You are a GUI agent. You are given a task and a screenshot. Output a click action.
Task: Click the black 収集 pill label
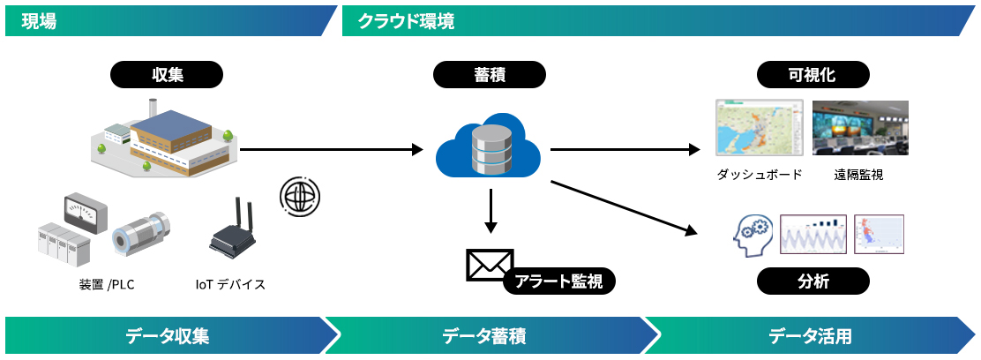tap(167, 75)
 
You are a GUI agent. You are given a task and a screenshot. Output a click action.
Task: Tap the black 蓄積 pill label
tap(490, 75)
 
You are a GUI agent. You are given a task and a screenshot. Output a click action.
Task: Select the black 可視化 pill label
tap(813, 75)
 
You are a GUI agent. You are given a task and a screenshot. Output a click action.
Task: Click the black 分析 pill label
tap(813, 281)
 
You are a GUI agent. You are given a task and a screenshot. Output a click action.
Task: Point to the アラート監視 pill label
tap(559, 281)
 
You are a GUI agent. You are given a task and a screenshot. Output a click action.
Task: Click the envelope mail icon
tap(490, 265)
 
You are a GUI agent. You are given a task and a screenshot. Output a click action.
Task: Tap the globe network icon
tap(300, 195)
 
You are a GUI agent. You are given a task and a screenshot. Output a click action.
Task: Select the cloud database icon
tap(489, 146)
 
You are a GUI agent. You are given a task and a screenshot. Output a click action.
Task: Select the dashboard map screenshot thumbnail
tap(760, 128)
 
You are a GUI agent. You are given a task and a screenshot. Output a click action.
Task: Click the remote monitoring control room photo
tap(860, 128)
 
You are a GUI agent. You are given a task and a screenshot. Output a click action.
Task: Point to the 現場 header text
tap(39, 21)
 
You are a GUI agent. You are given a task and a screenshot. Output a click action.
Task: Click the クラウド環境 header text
tap(406, 21)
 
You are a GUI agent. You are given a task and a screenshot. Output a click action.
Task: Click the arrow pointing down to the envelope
tap(490, 210)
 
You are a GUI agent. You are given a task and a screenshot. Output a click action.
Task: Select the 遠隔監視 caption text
tap(858, 175)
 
